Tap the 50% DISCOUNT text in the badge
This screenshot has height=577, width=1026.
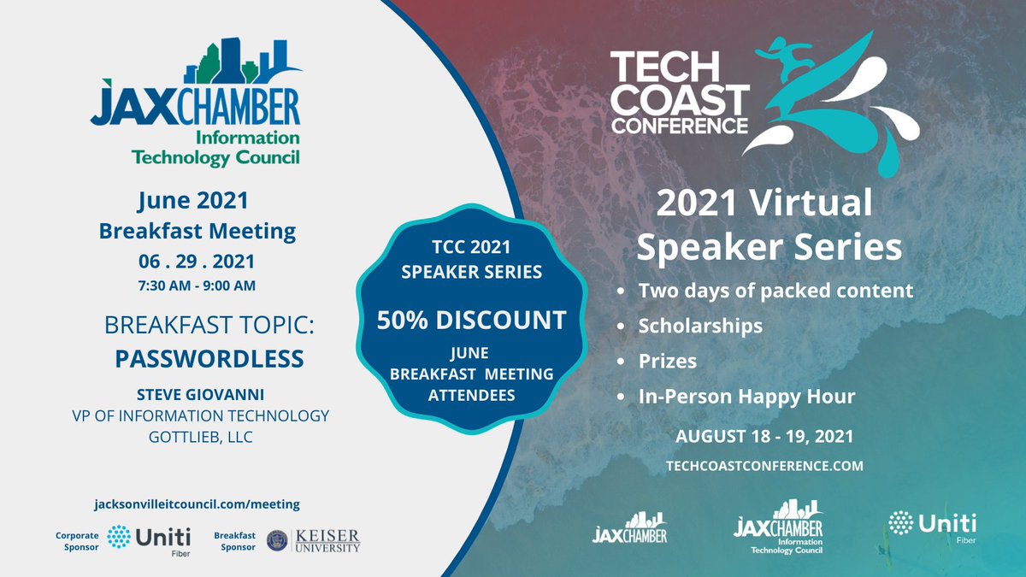pyautogui.click(x=472, y=321)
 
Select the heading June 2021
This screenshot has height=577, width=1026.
pyautogui.click(x=193, y=201)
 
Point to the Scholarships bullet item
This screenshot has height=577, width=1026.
pyautogui.click(x=700, y=326)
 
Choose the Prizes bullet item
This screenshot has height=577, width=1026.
pyautogui.click(x=667, y=361)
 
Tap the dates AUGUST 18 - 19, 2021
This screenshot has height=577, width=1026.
pyautogui.click(x=764, y=435)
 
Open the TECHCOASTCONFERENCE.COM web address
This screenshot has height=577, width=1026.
pyautogui.click(x=764, y=466)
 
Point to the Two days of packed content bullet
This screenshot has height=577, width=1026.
pyautogui.click(x=775, y=291)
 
